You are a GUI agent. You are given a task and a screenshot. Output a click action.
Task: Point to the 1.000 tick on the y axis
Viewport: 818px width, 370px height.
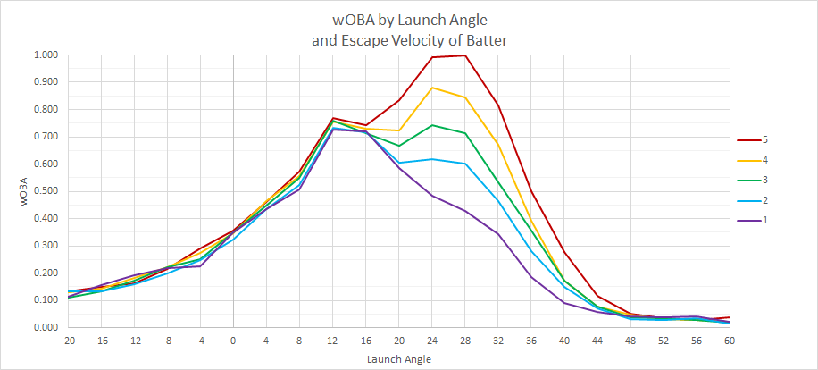click(46, 55)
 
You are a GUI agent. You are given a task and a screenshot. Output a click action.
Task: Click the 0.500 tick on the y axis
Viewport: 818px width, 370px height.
click(46, 191)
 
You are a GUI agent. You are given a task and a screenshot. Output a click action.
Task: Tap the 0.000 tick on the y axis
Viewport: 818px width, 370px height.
click(46, 327)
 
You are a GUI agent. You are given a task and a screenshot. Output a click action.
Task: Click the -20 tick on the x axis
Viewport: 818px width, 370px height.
click(67, 341)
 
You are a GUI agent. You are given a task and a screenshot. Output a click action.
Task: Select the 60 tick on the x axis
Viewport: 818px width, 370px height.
click(730, 341)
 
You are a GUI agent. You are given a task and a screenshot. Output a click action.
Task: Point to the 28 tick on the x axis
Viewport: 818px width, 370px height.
click(465, 341)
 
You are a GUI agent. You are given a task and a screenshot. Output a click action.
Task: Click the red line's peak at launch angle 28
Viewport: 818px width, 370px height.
click(465, 55)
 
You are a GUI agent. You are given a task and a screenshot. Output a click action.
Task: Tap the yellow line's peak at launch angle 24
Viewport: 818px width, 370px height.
click(432, 88)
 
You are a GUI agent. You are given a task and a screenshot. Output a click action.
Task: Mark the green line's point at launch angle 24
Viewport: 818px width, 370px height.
click(432, 125)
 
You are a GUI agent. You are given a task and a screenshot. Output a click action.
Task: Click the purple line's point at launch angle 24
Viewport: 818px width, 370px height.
click(432, 196)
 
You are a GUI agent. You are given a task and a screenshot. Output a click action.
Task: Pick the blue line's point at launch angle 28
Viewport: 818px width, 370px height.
click(465, 164)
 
